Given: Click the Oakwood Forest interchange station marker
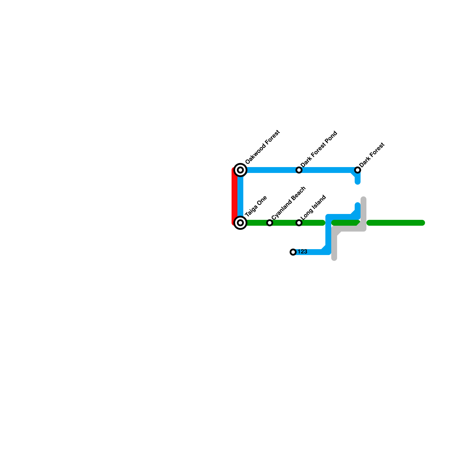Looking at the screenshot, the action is (240, 170).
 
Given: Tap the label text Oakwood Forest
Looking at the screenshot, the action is (262, 147).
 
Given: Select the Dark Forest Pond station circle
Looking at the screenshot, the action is (299, 170).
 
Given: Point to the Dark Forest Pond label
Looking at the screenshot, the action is (319, 149).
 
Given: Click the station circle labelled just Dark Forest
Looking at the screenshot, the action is (358, 170).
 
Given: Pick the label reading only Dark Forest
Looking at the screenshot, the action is (372, 155).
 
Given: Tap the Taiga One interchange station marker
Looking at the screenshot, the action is (240, 223).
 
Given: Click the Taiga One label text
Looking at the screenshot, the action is (256, 206).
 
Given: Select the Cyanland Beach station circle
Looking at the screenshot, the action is (270, 223).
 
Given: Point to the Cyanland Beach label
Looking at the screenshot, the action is (289, 203).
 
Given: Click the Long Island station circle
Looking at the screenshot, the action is (299, 223).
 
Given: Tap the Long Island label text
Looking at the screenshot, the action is (313, 207).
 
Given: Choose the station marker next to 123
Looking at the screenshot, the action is (293, 252).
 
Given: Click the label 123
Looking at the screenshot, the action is (302, 252).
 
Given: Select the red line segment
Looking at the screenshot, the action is (234, 196).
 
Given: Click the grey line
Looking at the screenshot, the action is (349, 229).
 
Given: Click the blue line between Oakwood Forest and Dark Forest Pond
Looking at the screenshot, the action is (270, 170).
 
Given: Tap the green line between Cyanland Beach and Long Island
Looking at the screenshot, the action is (284, 223).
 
